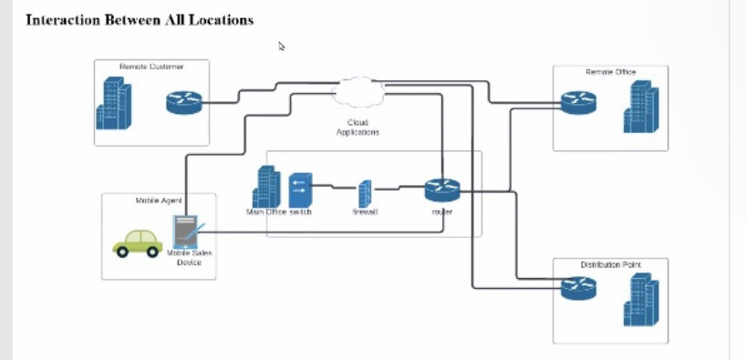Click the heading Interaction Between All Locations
139,19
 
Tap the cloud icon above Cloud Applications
358,91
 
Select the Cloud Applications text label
357,127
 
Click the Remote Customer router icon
181,101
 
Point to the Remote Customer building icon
114,103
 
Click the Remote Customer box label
151,67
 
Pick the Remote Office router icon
577,102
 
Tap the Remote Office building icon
639,108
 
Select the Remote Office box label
610,71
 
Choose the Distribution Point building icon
640,300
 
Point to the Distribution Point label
610,265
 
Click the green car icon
137,242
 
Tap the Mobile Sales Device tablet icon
187,231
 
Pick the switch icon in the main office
300,190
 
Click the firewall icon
365,192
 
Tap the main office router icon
441,190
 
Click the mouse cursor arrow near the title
282,46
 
